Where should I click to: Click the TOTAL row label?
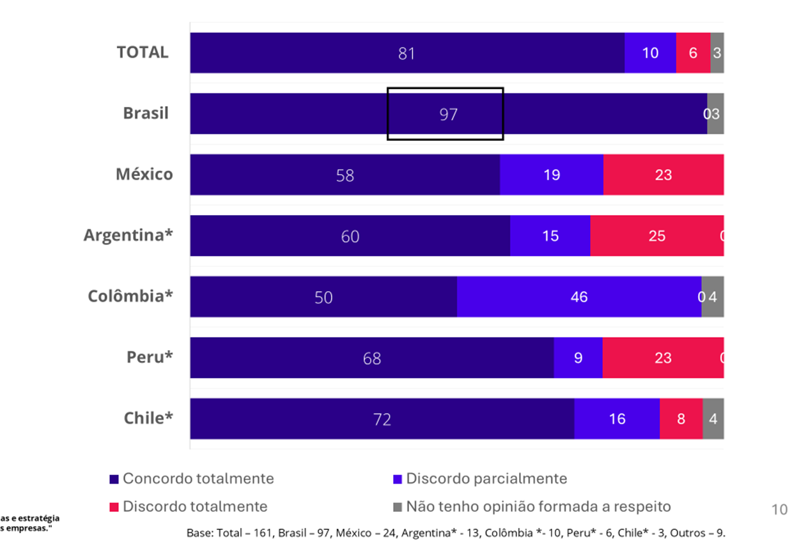[142, 52]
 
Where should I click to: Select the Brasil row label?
[146, 113]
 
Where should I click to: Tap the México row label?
[144, 174]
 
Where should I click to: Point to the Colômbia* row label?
[130, 296]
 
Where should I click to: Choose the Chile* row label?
[148, 418]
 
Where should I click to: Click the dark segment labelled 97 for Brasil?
[448, 114]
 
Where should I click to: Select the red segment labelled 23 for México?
[663, 175]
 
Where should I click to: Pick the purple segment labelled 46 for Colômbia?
[578, 297]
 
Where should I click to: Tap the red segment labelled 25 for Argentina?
[656, 236]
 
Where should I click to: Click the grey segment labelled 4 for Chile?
[713, 419]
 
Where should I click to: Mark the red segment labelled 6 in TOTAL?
[693, 53]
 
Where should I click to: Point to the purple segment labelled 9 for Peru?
[578, 358]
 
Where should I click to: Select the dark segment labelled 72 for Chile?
[382, 419]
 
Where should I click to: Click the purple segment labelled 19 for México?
[551, 175]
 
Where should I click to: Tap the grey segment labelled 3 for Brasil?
[715, 114]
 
